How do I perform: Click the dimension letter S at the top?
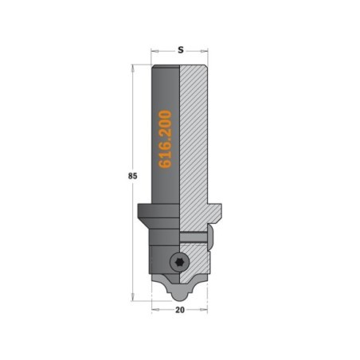point(181,49)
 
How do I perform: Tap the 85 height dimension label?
point(132,176)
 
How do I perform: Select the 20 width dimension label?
point(180,310)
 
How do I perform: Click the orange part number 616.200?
point(165,139)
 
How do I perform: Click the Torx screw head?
point(178,262)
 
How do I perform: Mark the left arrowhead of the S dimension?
point(155,50)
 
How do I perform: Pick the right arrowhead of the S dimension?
point(204,50)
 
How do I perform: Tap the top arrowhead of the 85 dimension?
point(132,68)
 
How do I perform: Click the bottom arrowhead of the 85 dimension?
point(132,297)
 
